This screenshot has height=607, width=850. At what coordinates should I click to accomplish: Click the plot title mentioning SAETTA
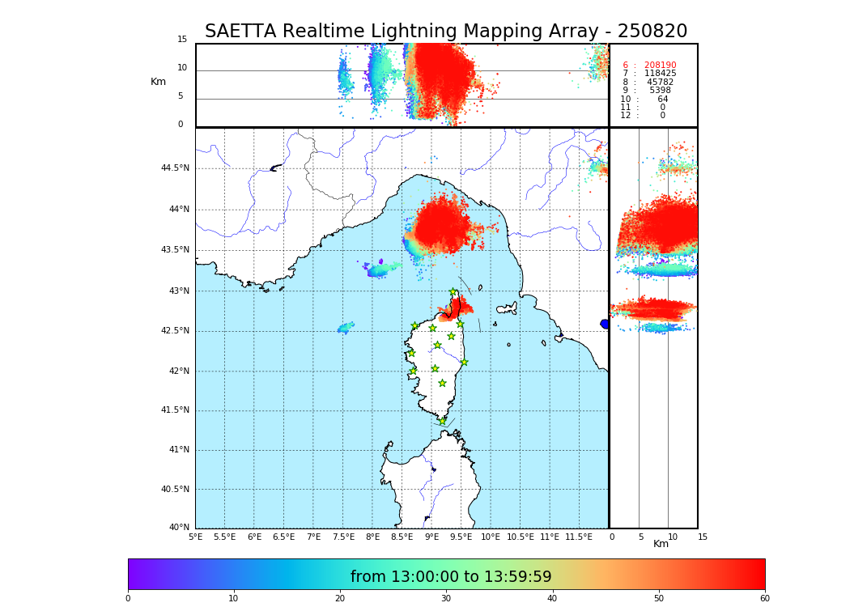[445, 32]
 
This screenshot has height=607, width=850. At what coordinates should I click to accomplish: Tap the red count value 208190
[660, 66]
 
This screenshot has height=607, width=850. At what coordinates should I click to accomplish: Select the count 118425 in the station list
[660, 74]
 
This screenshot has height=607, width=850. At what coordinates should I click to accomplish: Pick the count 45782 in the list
[660, 83]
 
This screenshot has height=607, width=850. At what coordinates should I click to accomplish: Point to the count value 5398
[660, 91]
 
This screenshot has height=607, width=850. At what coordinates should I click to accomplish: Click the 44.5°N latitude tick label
[175, 168]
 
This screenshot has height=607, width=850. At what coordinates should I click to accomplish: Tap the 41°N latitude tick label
[177, 450]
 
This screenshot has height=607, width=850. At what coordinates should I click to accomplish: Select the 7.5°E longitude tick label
[343, 537]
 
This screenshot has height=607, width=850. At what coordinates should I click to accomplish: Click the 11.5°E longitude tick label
[579, 537]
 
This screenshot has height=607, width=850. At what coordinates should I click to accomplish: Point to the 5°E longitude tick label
[196, 537]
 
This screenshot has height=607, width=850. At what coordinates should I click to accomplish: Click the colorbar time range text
[451, 577]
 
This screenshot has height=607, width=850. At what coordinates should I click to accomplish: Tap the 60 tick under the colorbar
[764, 599]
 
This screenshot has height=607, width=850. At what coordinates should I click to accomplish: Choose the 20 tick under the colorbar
[340, 599]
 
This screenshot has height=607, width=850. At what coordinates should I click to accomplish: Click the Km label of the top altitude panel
[158, 82]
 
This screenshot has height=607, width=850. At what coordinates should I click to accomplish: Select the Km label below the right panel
[661, 544]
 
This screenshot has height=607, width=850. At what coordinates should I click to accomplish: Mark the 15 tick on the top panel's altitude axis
[182, 40]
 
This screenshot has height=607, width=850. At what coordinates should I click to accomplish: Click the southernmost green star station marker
[442, 421]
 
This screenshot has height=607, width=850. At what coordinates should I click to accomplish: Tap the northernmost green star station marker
[453, 292]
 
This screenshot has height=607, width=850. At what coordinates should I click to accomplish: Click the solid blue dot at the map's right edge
[605, 324]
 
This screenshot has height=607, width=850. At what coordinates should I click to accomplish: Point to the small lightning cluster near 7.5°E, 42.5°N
[346, 328]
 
